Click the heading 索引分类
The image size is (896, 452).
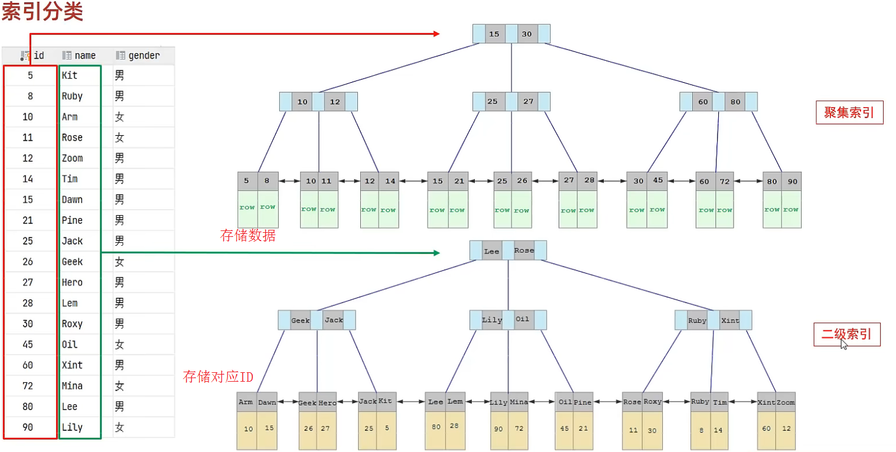42,12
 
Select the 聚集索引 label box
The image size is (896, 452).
849,112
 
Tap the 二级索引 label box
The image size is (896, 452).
846,334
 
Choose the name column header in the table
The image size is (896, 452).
85,56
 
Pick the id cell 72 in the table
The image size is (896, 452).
28,386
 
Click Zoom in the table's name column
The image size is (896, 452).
72,158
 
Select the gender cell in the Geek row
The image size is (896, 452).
119,262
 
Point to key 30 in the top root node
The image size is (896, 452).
526,34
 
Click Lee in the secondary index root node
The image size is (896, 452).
491,251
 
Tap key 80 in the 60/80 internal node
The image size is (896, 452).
735,102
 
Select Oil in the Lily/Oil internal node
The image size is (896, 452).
522,320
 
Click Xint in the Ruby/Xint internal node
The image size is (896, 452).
730,320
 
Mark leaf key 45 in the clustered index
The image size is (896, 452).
657,181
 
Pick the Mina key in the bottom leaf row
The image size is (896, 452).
519,402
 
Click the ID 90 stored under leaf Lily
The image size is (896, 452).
498,429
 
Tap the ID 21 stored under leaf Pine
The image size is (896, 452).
583,429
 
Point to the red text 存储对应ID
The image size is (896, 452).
218,376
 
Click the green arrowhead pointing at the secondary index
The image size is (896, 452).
436,253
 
